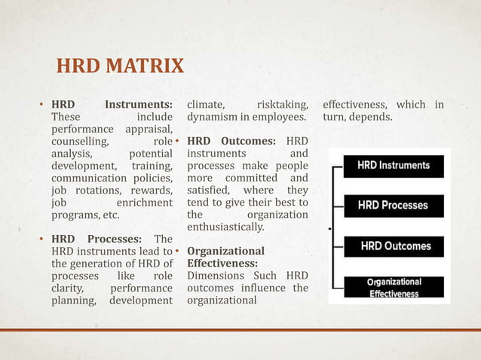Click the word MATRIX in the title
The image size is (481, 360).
coord(143,66)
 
